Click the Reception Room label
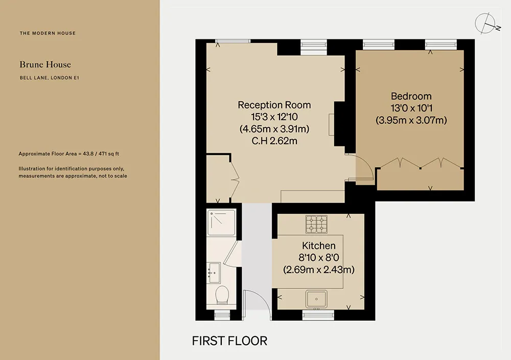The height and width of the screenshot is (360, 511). pyautogui.click(x=274, y=105)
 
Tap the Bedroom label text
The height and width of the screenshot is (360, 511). pyautogui.click(x=411, y=96)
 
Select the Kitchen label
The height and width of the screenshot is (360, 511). pyautogui.click(x=318, y=245)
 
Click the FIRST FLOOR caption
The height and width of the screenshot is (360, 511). pyautogui.click(x=229, y=341)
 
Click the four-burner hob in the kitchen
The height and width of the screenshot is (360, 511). pyautogui.click(x=316, y=224)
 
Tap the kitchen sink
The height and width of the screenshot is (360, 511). pyautogui.click(x=316, y=299)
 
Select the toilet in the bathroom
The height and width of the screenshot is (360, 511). pyautogui.click(x=222, y=295)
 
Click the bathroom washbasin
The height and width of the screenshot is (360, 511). pyautogui.click(x=214, y=273)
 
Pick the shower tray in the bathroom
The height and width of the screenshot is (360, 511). pyautogui.click(x=221, y=222)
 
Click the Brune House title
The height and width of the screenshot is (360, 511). pyautogui.click(x=45, y=64)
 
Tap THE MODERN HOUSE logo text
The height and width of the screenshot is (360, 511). pyautogui.click(x=48, y=33)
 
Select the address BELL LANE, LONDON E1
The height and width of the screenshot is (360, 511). pyautogui.click(x=49, y=78)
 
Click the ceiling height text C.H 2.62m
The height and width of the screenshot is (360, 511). pyautogui.click(x=274, y=141)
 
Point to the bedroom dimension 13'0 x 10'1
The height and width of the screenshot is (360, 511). pyautogui.click(x=411, y=108)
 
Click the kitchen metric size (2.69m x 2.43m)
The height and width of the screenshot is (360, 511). pyautogui.click(x=319, y=269)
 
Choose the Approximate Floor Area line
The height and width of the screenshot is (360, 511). pyautogui.click(x=69, y=154)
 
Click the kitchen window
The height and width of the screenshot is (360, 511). pyautogui.click(x=318, y=315)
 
